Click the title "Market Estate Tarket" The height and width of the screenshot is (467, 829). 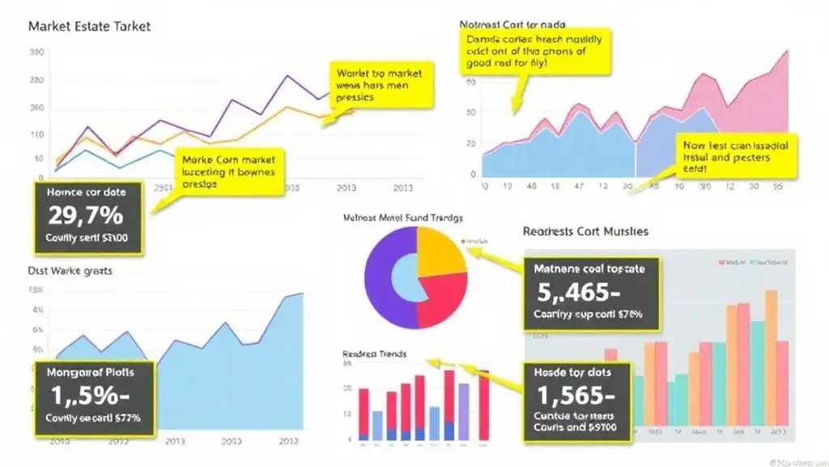point(89,26)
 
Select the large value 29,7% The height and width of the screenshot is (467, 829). point(86,215)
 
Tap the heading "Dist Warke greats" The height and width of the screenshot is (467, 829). point(70,271)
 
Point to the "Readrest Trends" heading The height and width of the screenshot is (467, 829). point(375,354)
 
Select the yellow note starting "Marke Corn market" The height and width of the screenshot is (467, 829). point(228,172)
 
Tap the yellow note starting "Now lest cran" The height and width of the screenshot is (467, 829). point(735,156)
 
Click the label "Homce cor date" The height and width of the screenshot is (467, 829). point(86,193)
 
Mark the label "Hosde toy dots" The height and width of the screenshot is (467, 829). point(572,373)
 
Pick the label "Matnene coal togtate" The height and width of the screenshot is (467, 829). point(589,269)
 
